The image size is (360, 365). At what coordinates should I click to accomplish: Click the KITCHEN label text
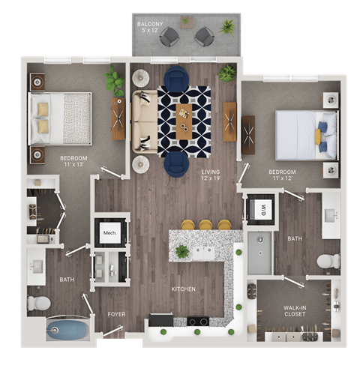pos(183,289)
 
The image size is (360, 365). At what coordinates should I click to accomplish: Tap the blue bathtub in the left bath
pos(66,330)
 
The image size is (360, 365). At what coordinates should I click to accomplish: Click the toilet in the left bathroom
pos(38,302)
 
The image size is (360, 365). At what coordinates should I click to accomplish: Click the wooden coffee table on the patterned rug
pos(184,121)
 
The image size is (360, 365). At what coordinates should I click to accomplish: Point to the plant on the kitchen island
pos(182,252)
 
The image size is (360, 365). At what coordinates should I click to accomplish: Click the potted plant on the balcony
pos(226,28)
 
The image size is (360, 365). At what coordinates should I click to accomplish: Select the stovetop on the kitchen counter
pos(197,322)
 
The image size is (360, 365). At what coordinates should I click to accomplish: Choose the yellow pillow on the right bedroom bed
pos(318,136)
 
